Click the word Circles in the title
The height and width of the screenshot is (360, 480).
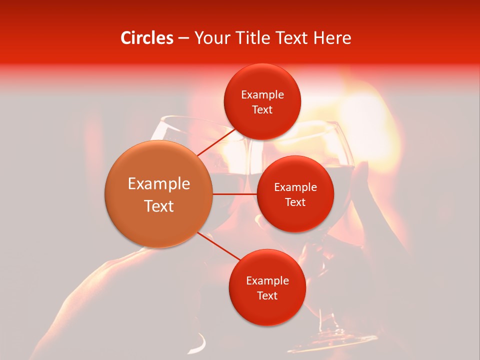[147, 38]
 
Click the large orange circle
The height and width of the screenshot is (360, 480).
[158, 194]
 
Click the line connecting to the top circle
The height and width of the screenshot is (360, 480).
[216, 142]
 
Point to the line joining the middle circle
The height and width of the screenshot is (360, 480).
[235, 194]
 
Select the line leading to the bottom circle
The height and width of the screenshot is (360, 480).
[218, 246]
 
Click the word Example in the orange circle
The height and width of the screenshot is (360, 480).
[159, 184]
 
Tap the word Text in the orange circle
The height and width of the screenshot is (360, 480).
[159, 206]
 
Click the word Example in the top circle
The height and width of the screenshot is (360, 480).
[262, 95]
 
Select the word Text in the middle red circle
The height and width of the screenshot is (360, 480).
[295, 202]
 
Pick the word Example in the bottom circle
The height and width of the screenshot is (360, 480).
[267, 281]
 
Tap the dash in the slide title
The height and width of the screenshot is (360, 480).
[183, 38]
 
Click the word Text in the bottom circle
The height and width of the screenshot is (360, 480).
[267, 295]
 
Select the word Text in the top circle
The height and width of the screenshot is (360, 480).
[262, 109]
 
